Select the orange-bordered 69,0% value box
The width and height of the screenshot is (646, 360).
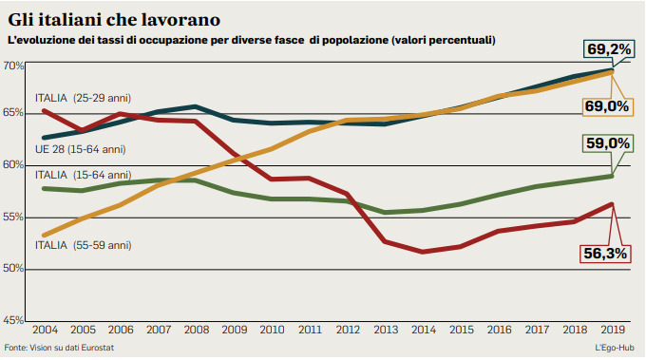[x=606, y=106]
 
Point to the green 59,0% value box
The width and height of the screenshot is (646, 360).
[x=607, y=143]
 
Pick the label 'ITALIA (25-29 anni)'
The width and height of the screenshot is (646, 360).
[x=83, y=98]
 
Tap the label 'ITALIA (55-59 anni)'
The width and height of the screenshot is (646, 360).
[x=83, y=245]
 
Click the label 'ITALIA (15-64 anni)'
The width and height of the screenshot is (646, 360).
[x=83, y=175]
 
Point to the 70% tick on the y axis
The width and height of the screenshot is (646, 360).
[x=13, y=66]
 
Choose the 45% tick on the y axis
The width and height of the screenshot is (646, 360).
[x=13, y=320]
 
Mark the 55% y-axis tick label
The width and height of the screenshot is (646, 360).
[x=13, y=218]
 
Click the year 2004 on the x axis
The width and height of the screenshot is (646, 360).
[x=44, y=330]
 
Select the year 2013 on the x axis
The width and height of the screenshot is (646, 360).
[x=386, y=330]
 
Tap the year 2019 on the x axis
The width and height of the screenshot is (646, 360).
[x=613, y=330]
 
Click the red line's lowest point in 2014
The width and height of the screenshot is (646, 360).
[x=423, y=252]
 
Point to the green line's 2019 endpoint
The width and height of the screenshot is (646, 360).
[x=613, y=175]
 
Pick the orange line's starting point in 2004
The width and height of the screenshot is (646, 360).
[x=45, y=235]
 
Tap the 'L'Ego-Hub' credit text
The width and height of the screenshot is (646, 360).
[x=615, y=349]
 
